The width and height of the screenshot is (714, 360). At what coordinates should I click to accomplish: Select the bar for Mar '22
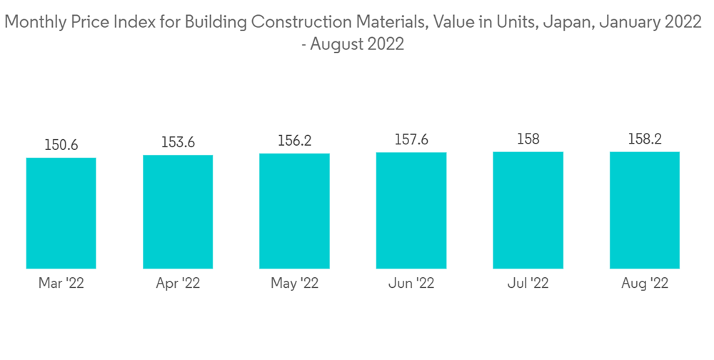coord(61,213)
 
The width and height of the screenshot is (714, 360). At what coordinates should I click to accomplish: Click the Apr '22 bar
coord(178,211)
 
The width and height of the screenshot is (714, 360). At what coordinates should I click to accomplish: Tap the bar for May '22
coord(294,211)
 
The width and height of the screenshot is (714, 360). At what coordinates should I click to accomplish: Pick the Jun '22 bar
coord(411,210)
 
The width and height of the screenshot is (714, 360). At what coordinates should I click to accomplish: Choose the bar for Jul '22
coord(528,210)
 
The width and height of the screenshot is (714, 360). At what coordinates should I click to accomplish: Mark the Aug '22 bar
coord(644,210)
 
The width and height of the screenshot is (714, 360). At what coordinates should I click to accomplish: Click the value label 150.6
coord(61,146)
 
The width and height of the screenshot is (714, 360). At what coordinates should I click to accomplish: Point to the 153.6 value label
coord(178,143)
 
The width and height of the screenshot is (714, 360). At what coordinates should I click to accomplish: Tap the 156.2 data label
coord(294,141)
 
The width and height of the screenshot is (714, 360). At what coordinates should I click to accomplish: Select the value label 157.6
coord(411,140)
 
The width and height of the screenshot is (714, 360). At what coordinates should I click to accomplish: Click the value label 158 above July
coord(528,139)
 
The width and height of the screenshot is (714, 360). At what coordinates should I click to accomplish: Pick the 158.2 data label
coord(644,139)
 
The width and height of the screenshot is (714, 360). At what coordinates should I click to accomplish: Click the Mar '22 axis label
coord(61,284)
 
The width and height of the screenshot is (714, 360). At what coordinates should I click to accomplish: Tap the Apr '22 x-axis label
coord(178,284)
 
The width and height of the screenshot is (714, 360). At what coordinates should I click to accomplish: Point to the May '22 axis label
coord(294,284)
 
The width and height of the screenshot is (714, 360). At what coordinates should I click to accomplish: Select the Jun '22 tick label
coord(411,284)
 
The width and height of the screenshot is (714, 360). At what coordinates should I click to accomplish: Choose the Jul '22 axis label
coord(528,284)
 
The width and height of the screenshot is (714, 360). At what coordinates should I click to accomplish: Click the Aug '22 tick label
coord(644,284)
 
